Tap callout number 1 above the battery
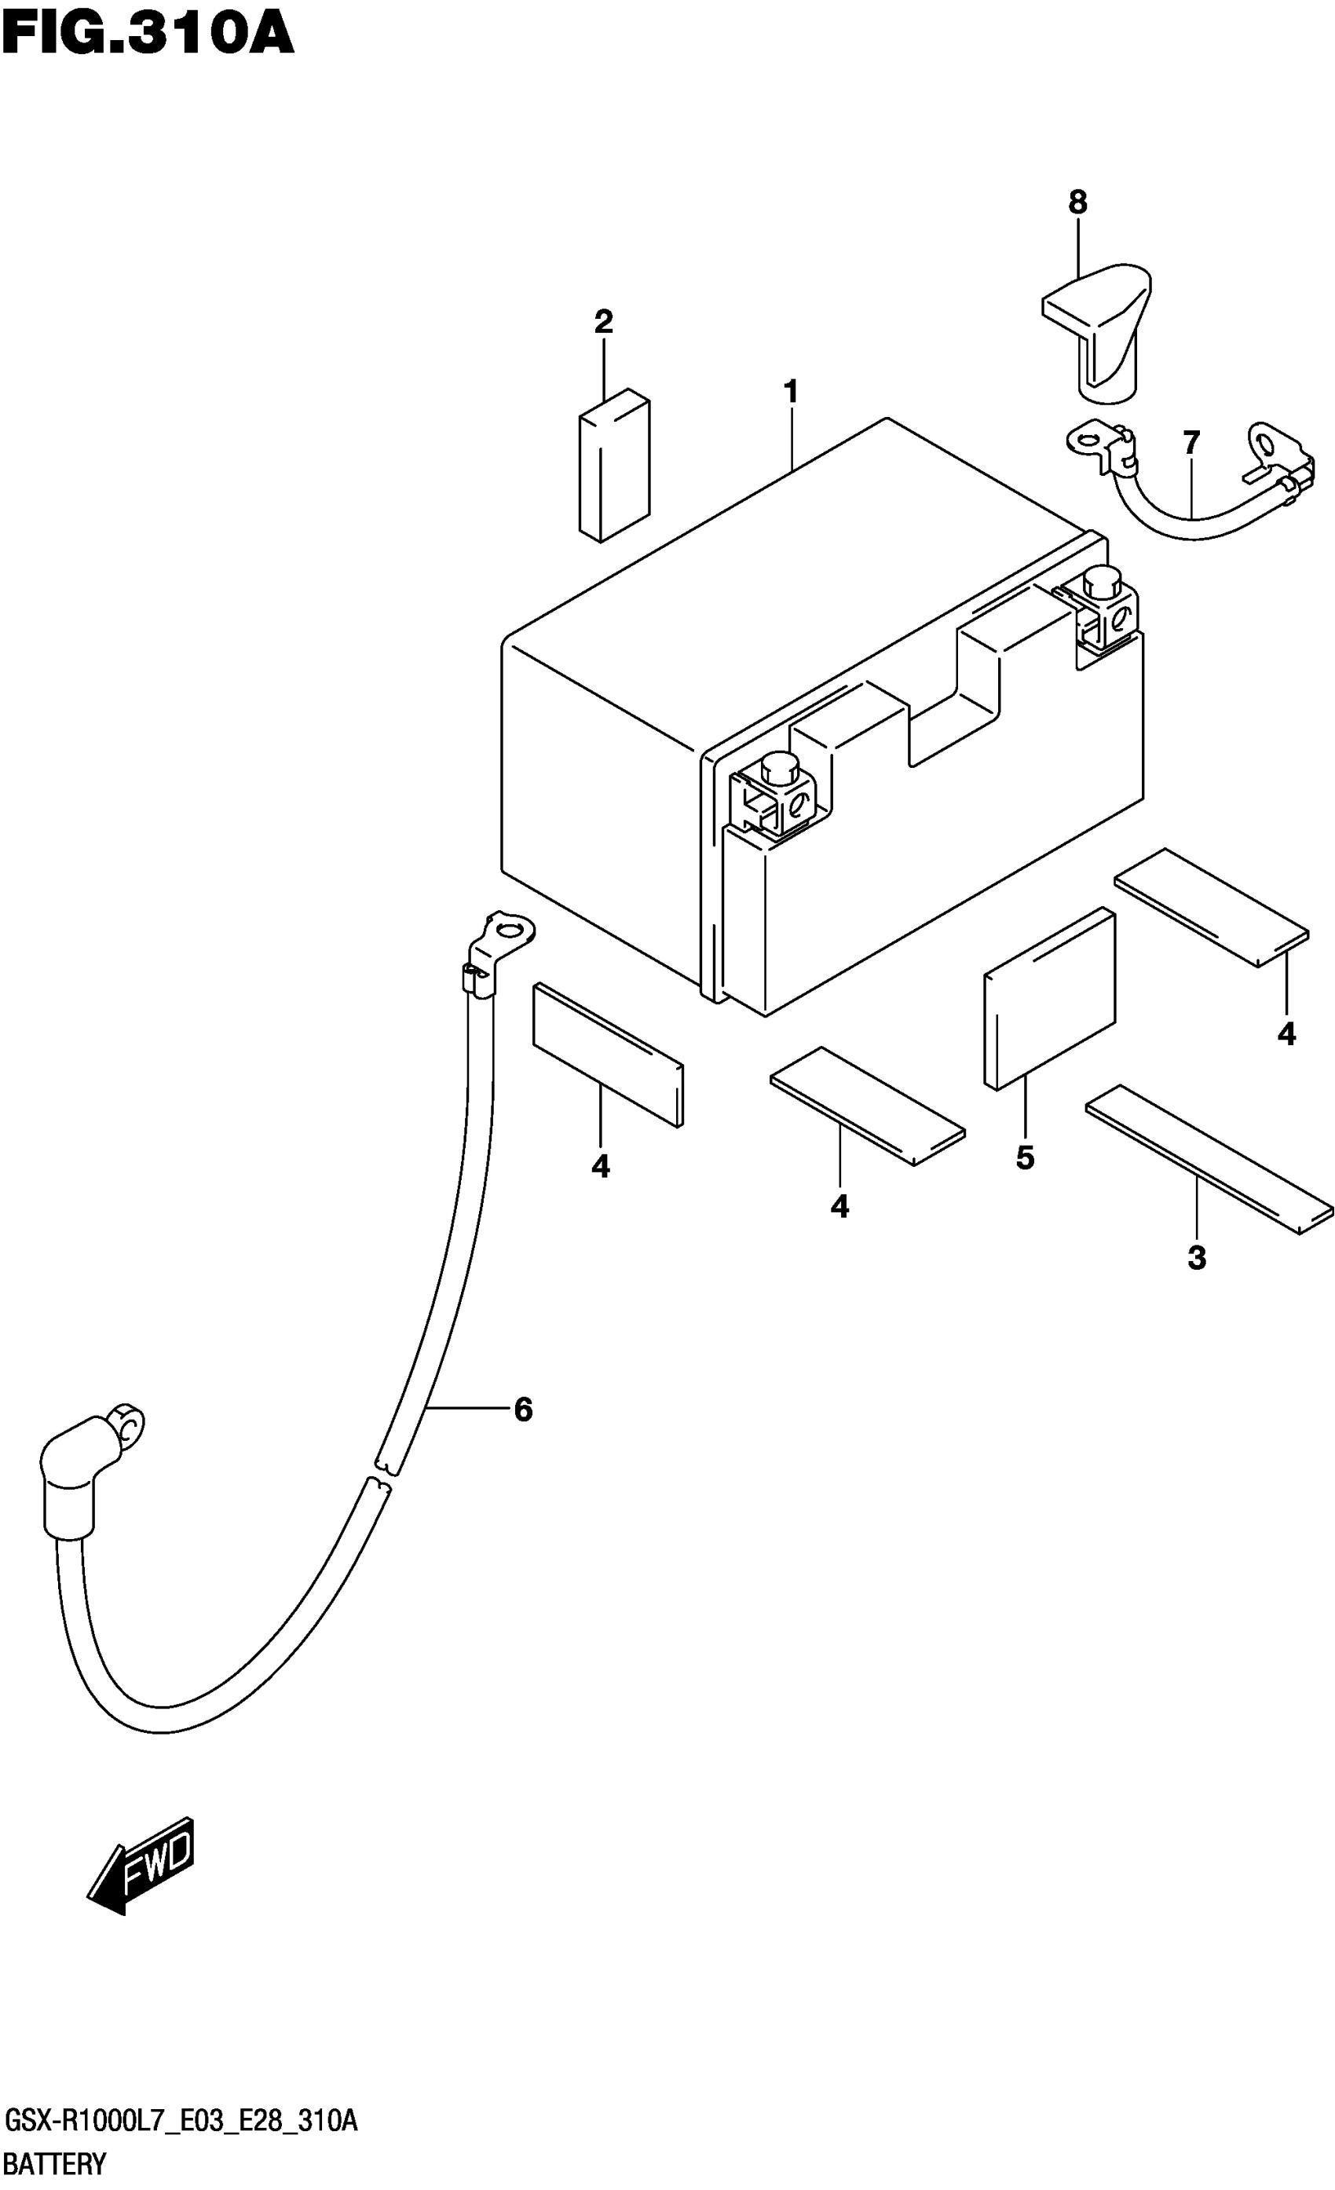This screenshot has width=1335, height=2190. (790, 392)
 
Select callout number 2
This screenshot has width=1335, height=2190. (604, 322)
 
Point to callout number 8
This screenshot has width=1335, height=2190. (1077, 203)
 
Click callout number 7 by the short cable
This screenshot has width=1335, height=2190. (1191, 442)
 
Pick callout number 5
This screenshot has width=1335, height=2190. (1025, 1157)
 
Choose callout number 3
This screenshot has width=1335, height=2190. (1196, 1258)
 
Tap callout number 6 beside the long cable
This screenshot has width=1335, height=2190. (524, 1409)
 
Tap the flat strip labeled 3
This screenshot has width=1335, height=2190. (1209, 1159)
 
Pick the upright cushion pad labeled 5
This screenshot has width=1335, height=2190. (1050, 997)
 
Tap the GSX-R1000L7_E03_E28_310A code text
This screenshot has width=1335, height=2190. (181, 2122)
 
